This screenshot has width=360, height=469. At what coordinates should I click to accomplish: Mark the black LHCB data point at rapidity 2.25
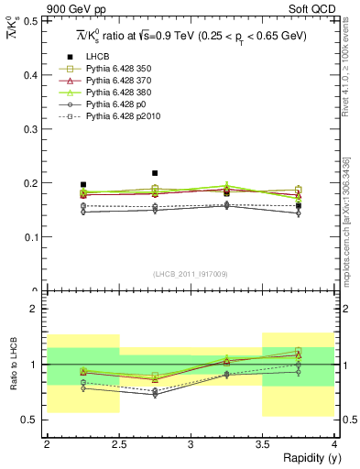tap(83, 184)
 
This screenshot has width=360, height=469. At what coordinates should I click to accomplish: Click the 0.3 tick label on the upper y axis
tap(35, 128)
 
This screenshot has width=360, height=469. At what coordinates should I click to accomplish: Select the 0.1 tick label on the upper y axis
tap(35, 237)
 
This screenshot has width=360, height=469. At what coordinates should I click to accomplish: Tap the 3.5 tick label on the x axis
tap(263, 443)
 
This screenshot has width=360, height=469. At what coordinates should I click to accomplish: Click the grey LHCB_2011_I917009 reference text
tap(191, 274)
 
